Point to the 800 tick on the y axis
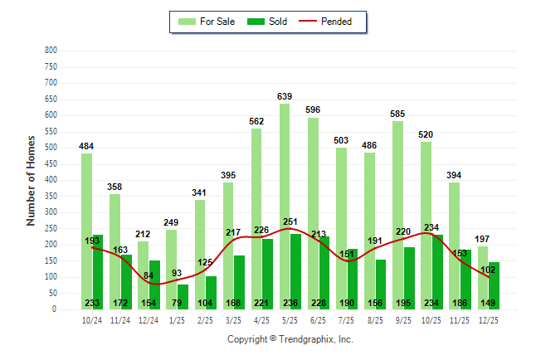pos(51,51)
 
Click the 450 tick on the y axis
pos(51,164)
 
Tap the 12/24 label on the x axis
pos(149,319)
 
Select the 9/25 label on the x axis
pos(403,319)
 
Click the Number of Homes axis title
pos(31,180)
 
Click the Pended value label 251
pos(290,221)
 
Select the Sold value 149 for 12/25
pos(489,303)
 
